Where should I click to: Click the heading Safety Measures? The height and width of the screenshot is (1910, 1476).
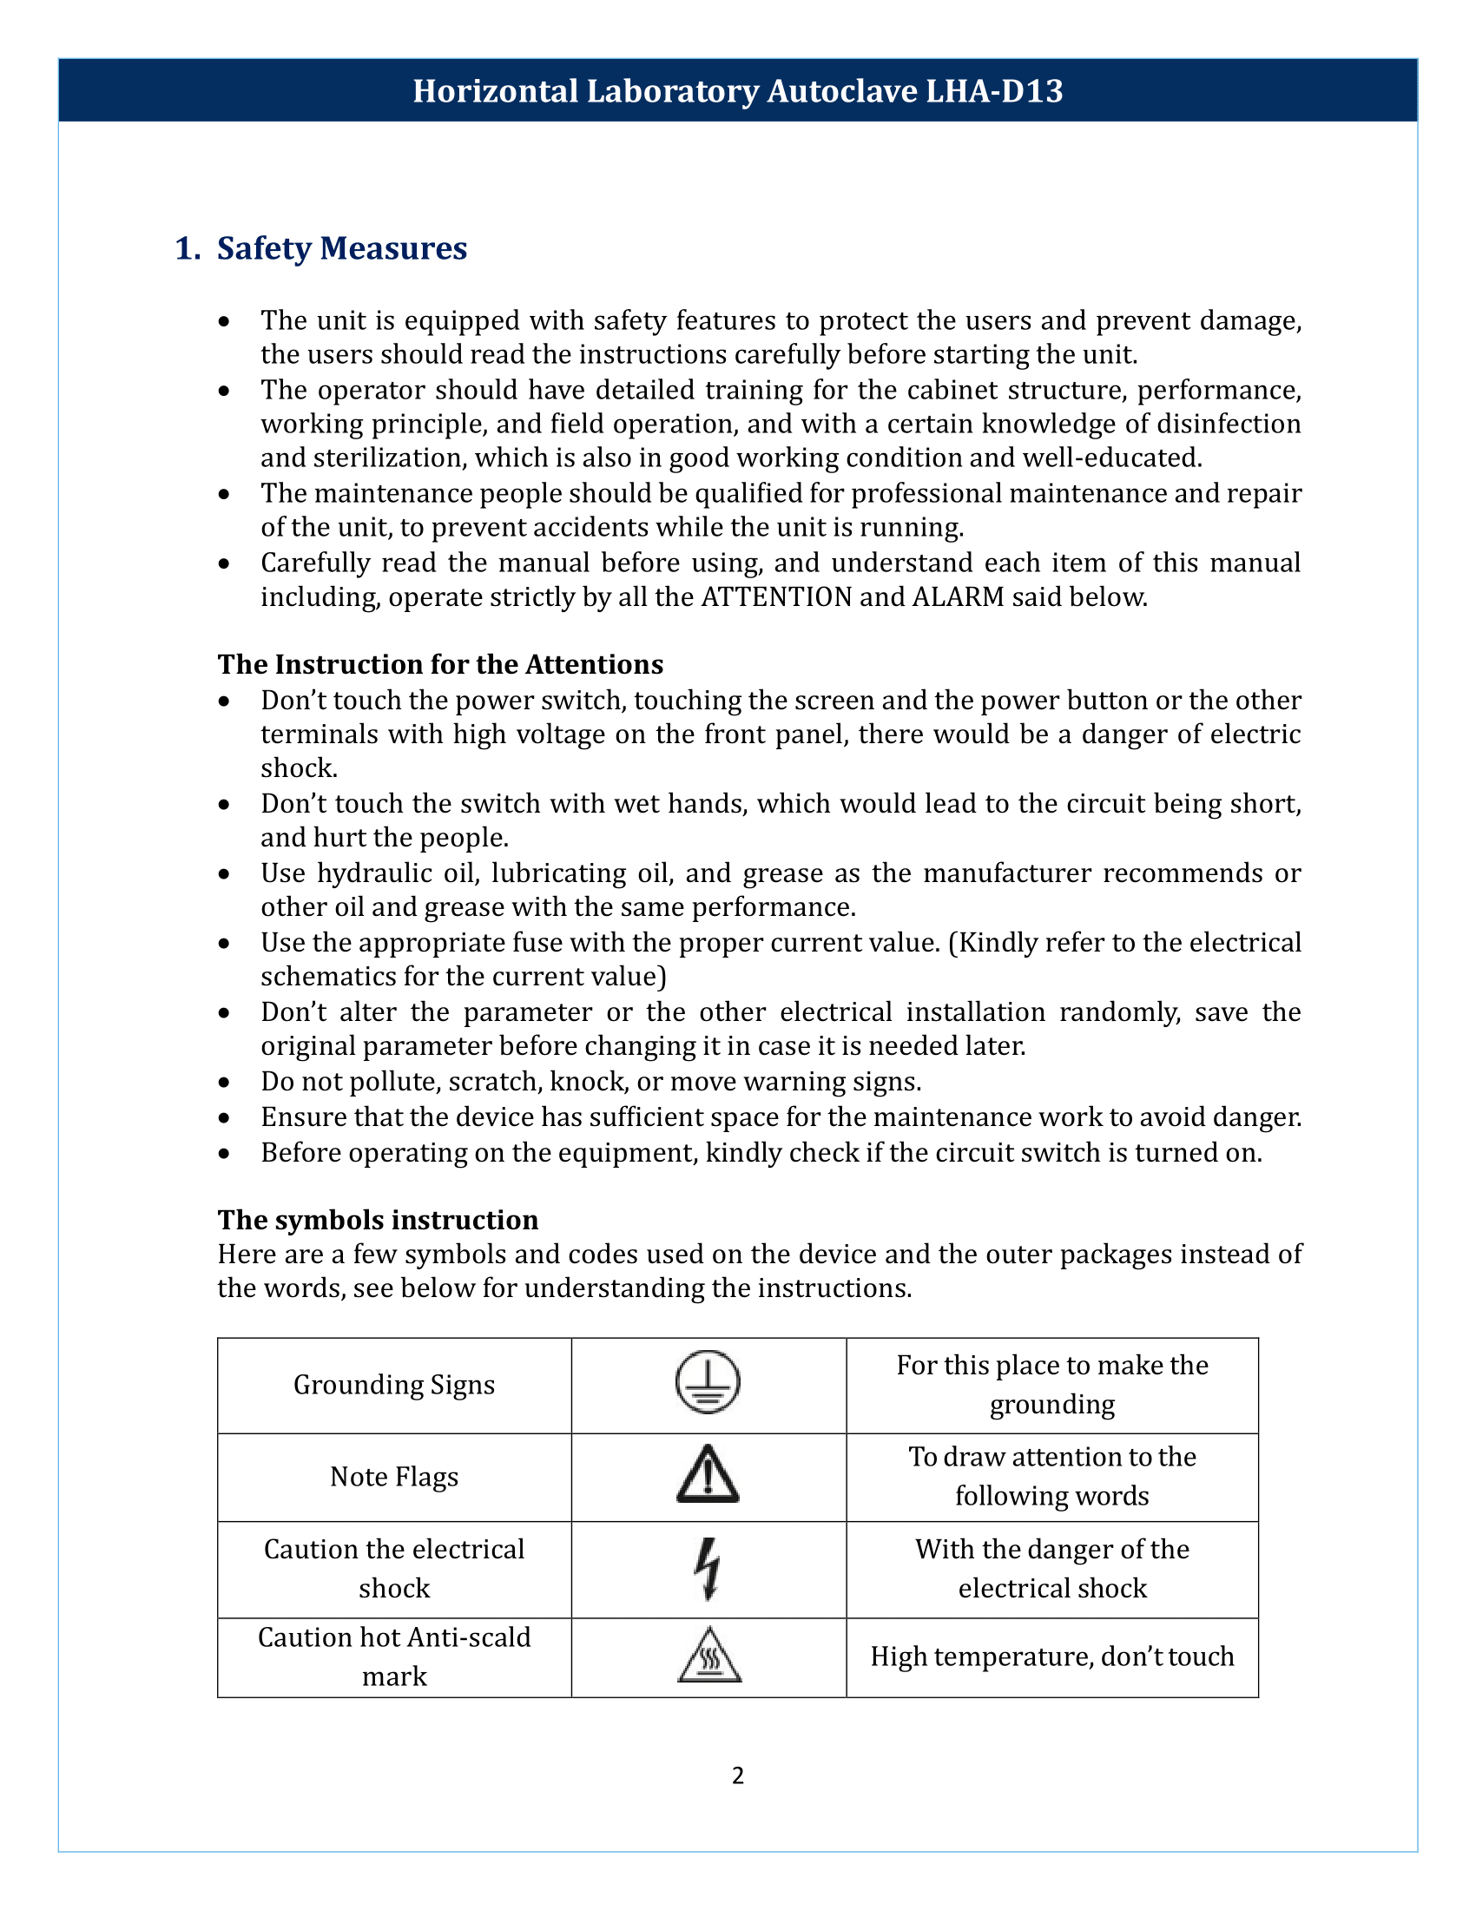tap(342, 248)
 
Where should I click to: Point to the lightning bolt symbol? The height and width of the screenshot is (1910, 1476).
tap(708, 1568)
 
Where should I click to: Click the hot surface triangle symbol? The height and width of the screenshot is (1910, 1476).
tap(709, 1656)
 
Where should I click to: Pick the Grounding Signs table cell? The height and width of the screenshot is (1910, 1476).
tap(394, 1385)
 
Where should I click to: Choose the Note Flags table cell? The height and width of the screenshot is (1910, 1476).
tap(394, 1476)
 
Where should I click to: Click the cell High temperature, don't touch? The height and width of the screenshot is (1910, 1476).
tap(1052, 1656)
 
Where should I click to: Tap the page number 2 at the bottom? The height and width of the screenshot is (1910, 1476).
tap(738, 1775)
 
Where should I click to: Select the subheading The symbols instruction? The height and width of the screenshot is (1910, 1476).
tap(378, 1220)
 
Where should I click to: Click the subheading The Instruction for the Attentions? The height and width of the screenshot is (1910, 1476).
tap(440, 665)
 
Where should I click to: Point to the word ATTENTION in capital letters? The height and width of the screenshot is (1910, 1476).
tap(776, 597)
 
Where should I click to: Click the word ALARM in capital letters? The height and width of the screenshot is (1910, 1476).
tap(959, 597)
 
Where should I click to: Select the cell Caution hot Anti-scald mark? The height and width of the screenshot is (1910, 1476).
tap(394, 1656)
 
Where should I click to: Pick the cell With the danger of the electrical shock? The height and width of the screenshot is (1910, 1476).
tap(1052, 1568)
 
